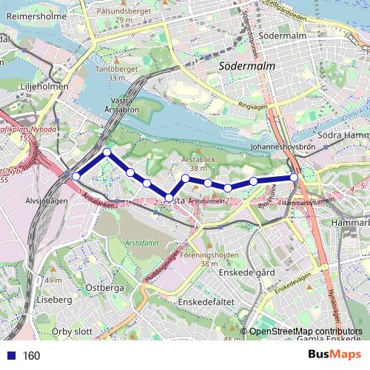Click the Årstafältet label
point(141,241)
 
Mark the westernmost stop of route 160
point(75,176)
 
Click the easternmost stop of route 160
point(294,177)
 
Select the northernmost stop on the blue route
point(107,152)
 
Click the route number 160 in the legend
point(31,356)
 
